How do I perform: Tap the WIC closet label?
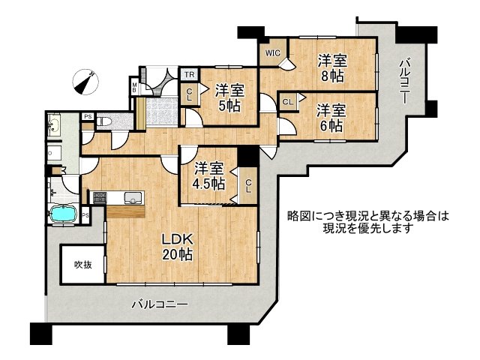[x=271, y=53]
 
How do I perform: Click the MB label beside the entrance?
[x=135, y=88]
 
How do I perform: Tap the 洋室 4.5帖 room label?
[x=208, y=175]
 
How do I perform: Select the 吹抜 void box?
[x=82, y=264]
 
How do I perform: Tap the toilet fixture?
[x=105, y=121]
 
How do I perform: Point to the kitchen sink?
[x=133, y=198]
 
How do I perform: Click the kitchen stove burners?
[x=98, y=198]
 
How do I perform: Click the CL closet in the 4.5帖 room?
[x=247, y=183]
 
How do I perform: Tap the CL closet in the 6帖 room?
[x=288, y=101]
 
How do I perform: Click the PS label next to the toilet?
[x=88, y=116]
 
